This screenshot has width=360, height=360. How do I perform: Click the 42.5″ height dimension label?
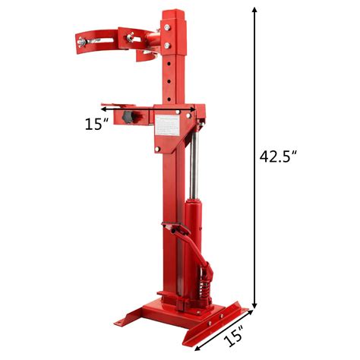point(276,155)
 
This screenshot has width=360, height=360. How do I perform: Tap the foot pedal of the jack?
point(172,228)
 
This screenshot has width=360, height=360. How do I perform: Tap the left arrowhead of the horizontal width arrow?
point(119,109)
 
